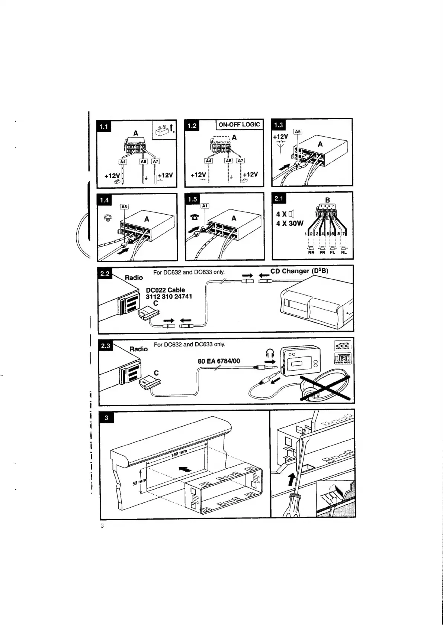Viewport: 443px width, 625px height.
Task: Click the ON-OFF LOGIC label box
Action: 239,125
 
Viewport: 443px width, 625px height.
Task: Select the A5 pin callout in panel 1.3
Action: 298,131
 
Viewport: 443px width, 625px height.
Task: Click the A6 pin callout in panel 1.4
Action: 124,206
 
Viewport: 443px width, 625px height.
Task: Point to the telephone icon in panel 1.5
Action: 194,217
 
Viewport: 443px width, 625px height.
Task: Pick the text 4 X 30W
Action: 290,224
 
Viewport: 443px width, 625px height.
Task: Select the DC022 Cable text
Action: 165,290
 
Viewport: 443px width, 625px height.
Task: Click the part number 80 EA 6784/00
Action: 219,361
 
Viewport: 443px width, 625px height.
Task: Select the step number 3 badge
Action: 106,418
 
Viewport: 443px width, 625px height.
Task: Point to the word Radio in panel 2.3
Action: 138,349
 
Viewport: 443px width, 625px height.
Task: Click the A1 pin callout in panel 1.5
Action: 205,206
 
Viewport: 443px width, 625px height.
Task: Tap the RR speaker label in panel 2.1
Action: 311,253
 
